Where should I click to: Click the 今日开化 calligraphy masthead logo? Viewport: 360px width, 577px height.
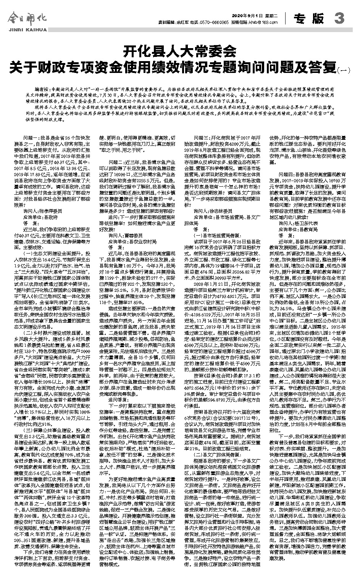[x=26, y=18]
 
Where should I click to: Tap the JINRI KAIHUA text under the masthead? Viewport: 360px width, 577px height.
[x=26, y=29]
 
